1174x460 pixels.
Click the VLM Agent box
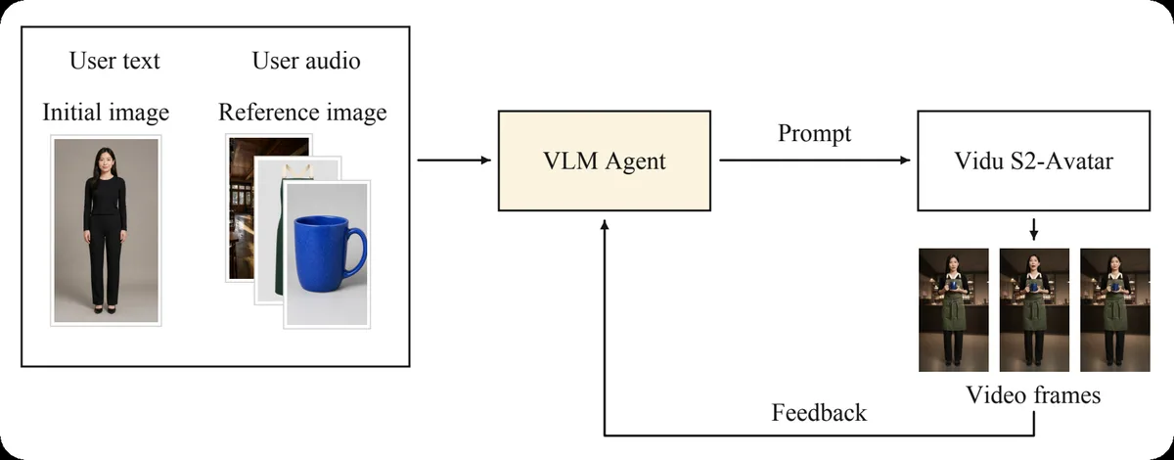click(x=605, y=161)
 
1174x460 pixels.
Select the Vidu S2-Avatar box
click(x=1033, y=161)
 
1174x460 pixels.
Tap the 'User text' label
click(x=114, y=61)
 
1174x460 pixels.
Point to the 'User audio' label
click(x=306, y=61)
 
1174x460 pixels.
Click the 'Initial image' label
click(x=106, y=113)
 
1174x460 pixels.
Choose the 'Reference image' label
click(x=302, y=113)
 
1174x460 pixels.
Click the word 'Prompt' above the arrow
click(x=814, y=133)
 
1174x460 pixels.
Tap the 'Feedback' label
click(x=819, y=413)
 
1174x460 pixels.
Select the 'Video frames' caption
click(x=1033, y=395)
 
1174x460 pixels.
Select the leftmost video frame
click(x=954, y=310)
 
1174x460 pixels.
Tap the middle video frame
click(x=1035, y=310)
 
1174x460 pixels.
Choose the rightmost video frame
click(x=1115, y=310)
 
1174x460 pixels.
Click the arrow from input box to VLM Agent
click(x=454, y=160)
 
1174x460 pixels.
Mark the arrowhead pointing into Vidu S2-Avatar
click(x=905, y=160)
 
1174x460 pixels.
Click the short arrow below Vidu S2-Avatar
click(x=1033, y=229)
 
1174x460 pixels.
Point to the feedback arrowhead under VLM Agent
click(x=605, y=224)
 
